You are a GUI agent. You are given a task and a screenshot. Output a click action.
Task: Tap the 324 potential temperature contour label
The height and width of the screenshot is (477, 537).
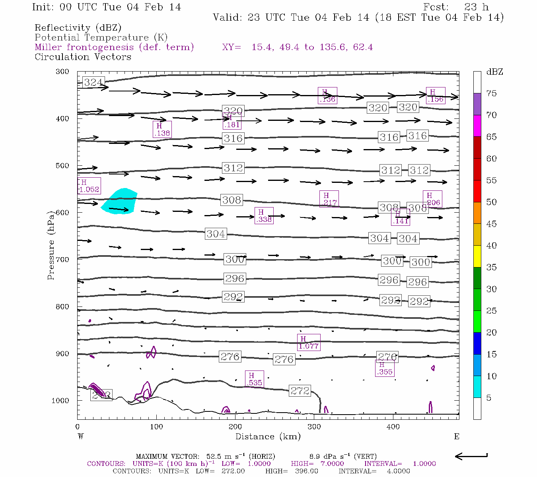(x=93, y=82)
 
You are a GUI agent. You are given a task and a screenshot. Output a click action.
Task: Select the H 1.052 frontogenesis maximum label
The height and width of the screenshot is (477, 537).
(x=89, y=186)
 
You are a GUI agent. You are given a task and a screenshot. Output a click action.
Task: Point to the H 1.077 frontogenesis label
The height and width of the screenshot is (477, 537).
(x=308, y=342)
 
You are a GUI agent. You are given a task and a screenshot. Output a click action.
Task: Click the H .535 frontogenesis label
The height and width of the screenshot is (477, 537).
(x=254, y=379)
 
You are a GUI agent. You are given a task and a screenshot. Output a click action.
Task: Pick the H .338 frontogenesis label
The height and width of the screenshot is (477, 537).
(x=264, y=215)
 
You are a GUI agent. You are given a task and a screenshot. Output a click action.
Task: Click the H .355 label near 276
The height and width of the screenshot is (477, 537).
(x=384, y=368)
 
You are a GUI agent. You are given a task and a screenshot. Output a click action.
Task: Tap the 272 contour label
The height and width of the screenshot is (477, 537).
(x=300, y=391)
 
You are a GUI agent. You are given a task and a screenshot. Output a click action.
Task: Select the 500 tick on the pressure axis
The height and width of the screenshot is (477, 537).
(x=62, y=166)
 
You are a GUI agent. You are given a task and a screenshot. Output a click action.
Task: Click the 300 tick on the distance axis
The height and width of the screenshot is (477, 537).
(x=314, y=427)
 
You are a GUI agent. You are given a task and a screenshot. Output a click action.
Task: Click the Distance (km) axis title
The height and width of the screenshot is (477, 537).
(x=268, y=436)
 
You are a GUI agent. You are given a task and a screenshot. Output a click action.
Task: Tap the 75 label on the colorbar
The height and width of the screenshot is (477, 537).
(x=491, y=93)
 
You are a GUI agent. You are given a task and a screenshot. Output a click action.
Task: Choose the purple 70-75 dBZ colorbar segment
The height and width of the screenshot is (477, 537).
(x=477, y=104)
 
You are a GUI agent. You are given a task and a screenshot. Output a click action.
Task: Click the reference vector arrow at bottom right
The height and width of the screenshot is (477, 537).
(x=471, y=456)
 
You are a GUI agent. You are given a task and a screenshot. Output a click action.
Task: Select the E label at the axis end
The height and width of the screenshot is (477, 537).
(x=457, y=436)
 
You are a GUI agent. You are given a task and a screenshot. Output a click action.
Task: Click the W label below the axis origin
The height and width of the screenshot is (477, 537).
(x=81, y=436)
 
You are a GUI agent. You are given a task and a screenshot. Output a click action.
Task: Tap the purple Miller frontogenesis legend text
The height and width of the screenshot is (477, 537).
(x=114, y=47)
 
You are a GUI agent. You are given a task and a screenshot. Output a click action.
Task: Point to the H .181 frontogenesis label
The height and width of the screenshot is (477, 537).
(x=232, y=121)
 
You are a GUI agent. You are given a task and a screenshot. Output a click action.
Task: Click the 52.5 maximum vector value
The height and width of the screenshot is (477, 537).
(x=214, y=456)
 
